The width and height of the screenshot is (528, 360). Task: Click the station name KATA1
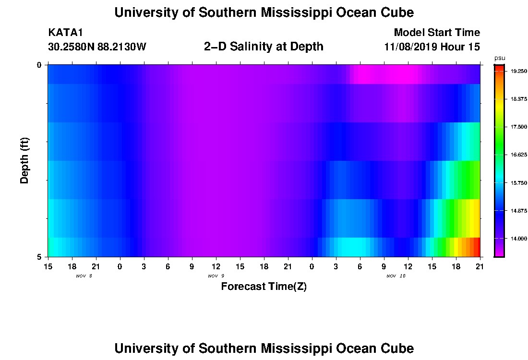click(66, 33)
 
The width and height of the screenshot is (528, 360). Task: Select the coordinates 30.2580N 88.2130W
click(97, 47)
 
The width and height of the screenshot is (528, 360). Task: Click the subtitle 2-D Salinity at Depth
click(264, 47)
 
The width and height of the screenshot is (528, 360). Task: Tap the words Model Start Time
click(437, 33)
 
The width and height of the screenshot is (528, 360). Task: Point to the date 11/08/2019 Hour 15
click(432, 47)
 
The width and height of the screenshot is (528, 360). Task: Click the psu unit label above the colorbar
click(500, 59)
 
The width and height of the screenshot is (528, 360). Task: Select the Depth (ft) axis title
click(24, 160)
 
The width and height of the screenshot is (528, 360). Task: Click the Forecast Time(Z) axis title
click(264, 287)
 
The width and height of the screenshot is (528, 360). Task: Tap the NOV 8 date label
click(84, 276)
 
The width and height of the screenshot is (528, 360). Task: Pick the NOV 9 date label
click(216, 276)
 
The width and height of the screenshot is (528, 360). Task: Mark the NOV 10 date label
click(396, 276)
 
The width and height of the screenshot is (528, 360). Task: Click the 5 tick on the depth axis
click(39, 257)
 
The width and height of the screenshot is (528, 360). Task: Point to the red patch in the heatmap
click(477, 247)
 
